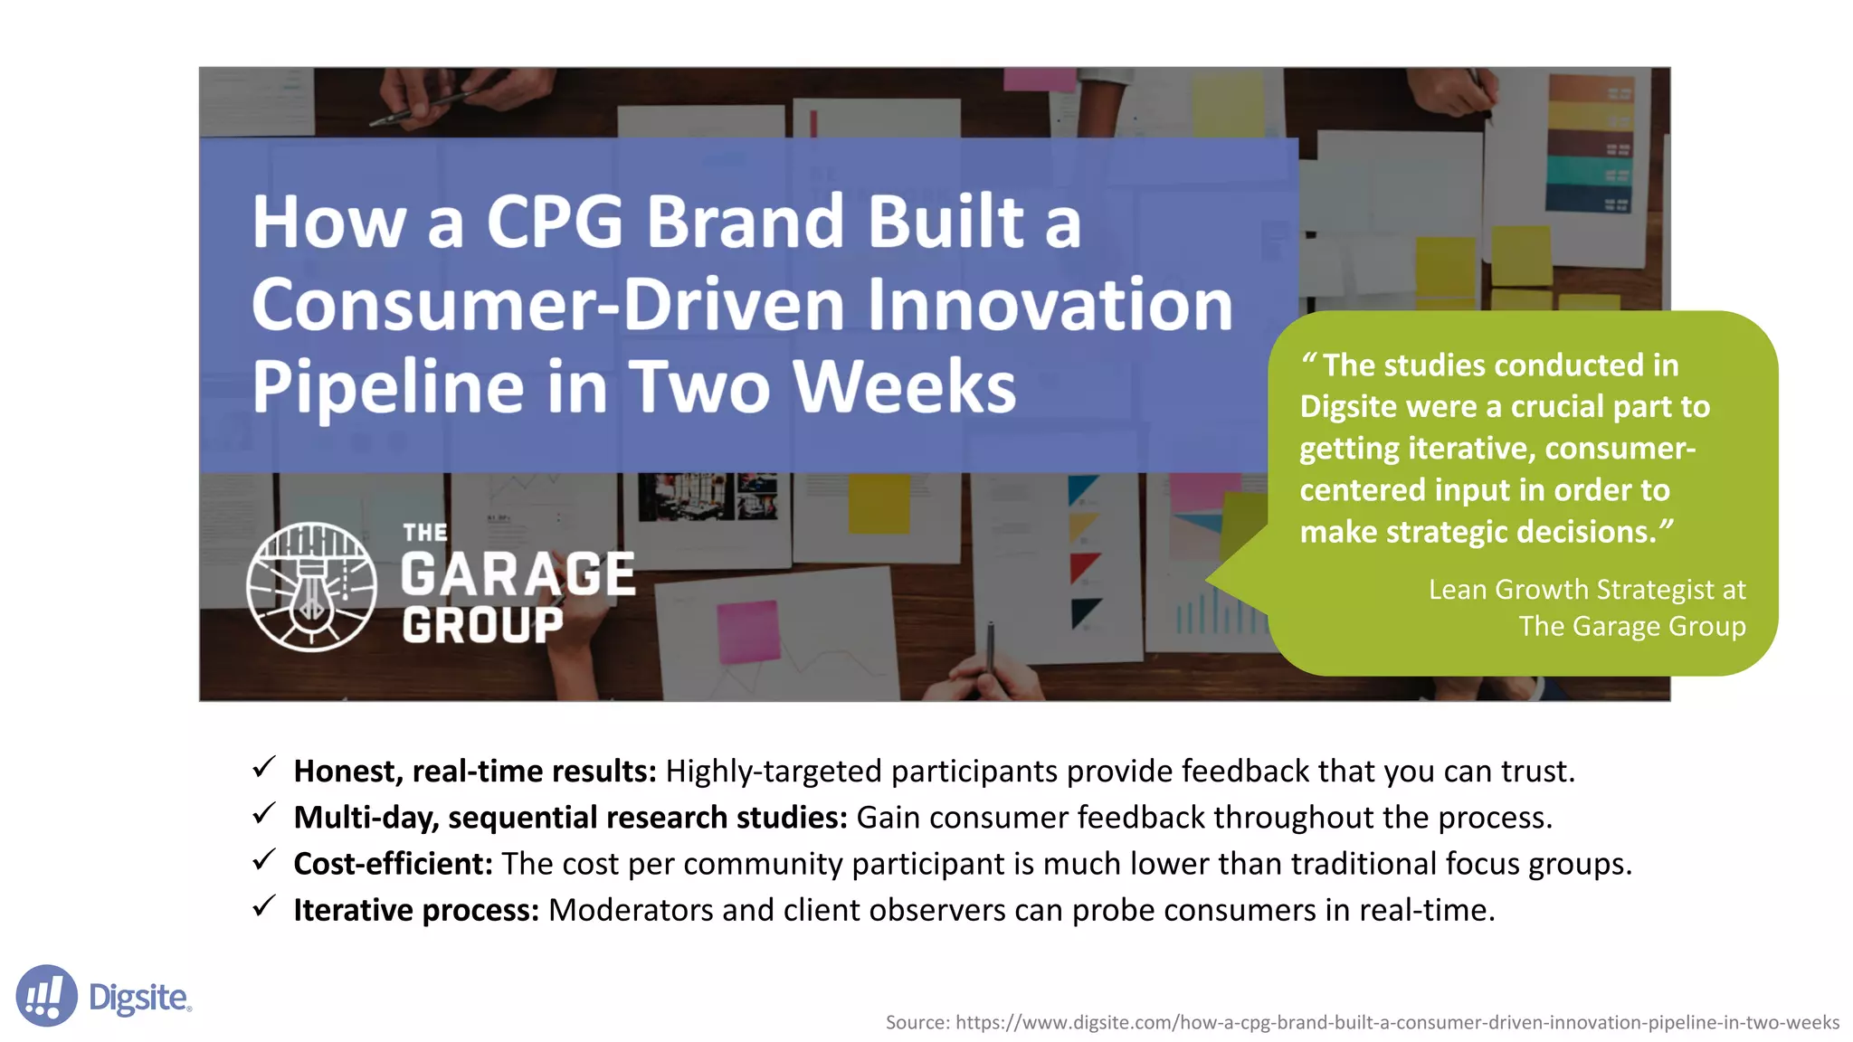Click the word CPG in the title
555,222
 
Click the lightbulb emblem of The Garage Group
312,587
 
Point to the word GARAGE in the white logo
518,574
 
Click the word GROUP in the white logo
482,625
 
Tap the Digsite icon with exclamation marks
46,996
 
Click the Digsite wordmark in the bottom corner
139,998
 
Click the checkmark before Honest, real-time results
263,768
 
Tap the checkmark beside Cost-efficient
263,860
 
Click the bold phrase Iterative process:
416,910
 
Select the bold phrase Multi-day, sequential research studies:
570,818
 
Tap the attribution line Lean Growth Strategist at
1586,590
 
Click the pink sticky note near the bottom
748,630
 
